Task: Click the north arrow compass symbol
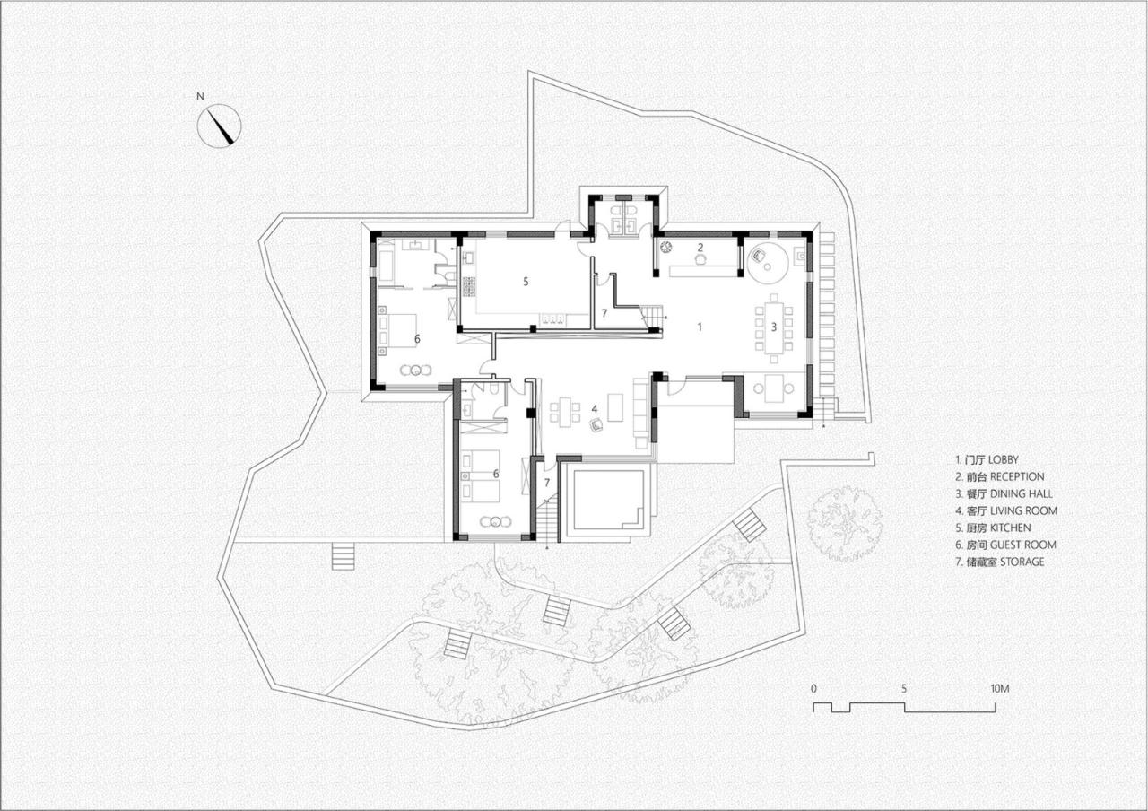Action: pyautogui.click(x=220, y=125)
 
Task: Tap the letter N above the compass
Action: pyautogui.click(x=202, y=95)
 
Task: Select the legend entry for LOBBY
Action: pyautogui.click(x=987, y=459)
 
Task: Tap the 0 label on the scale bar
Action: pyautogui.click(x=813, y=689)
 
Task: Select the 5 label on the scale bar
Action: pyautogui.click(x=905, y=689)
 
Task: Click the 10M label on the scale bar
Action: pyautogui.click(x=1000, y=689)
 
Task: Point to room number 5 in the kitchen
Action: pyautogui.click(x=526, y=281)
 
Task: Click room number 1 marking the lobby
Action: pyautogui.click(x=700, y=327)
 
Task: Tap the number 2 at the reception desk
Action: pyautogui.click(x=700, y=247)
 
